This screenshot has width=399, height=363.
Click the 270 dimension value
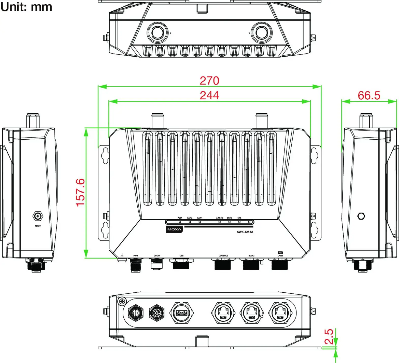[209, 81]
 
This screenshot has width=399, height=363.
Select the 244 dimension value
[209, 96]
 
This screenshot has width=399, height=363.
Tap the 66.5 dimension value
[369, 96]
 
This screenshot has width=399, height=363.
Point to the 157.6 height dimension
[80, 193]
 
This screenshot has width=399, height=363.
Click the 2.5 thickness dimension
[329, 337]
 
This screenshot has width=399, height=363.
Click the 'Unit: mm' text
[26, 7]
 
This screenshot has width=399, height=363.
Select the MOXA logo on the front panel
[174, 230]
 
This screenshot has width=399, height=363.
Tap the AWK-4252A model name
[245, 232]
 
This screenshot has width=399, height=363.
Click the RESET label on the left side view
[38, 226]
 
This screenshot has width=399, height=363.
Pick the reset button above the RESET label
[38, 217]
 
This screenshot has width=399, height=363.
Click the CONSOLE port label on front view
[223, 256]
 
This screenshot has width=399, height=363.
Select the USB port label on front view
[181, 256]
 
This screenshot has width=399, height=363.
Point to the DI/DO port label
[157, 256]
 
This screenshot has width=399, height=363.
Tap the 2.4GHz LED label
[219, 218]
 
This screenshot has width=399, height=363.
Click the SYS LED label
[239, 218]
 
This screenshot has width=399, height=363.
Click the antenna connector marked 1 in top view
[262, 33]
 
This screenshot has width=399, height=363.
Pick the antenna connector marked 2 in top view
[157, 33]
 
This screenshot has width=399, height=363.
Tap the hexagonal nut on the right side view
[361, 216]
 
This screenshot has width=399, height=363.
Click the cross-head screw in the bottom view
[122, 301]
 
